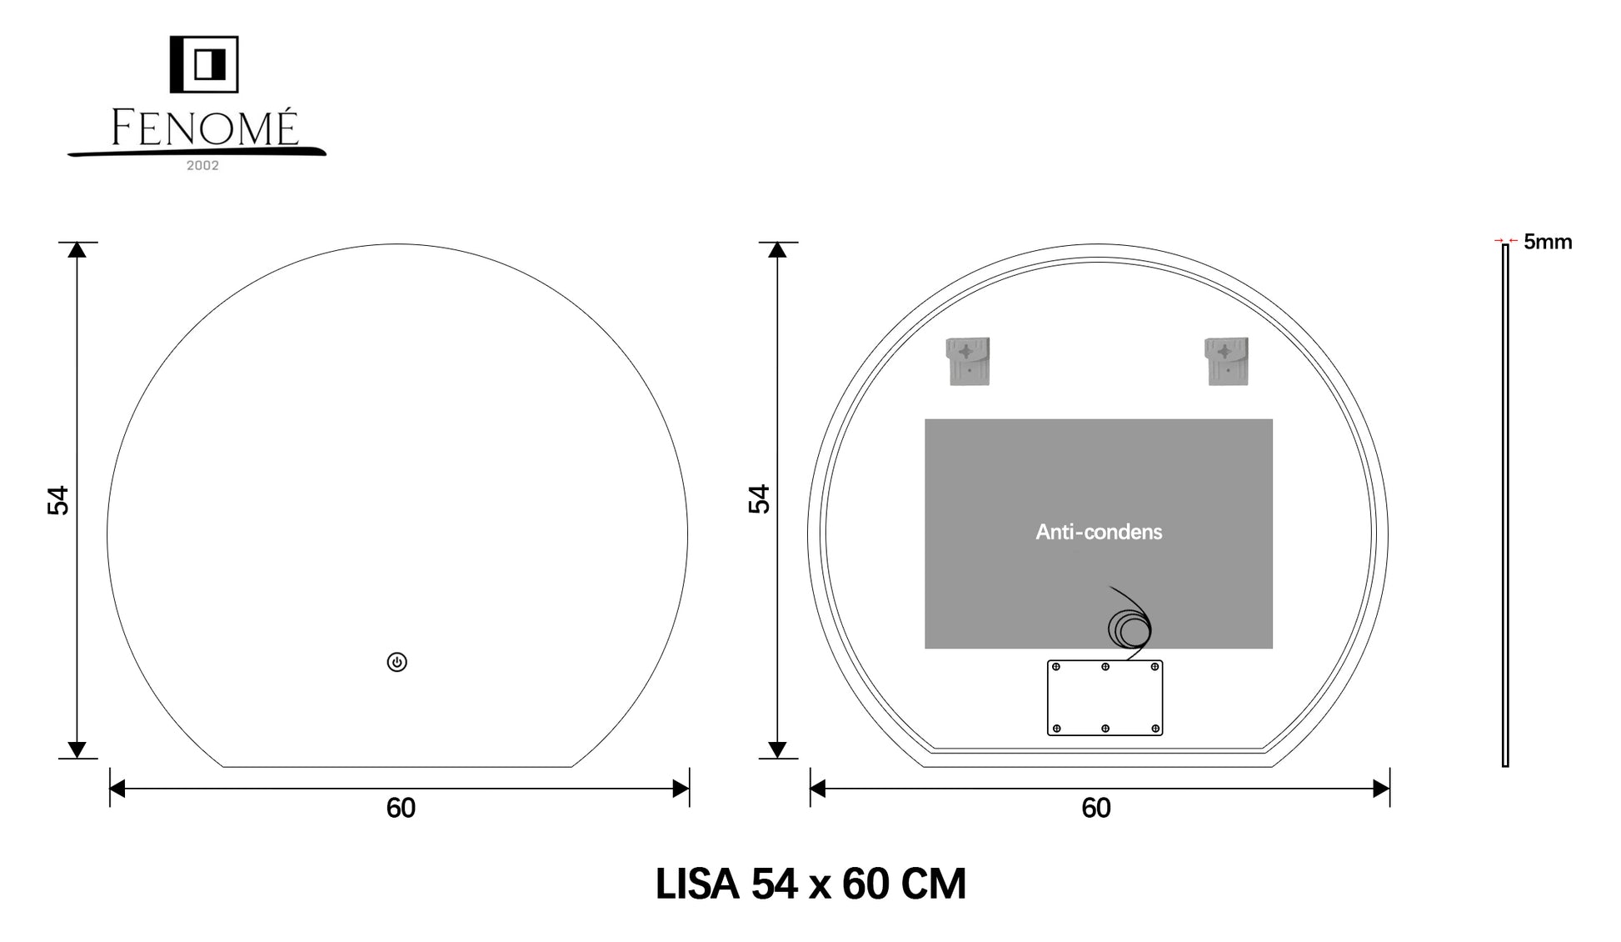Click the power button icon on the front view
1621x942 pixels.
click(x=397, y=662)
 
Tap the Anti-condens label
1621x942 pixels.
click(x=1099, y=532)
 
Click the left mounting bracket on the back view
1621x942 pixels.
click(x=968, y=361)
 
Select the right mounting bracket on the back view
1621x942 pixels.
click(x=1226, y=361)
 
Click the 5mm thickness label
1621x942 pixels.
click(x=1548, y=242)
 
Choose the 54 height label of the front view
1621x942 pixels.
click(x=58, y=500)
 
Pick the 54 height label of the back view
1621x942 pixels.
click(x=759, y=499)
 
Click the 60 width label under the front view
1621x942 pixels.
click(x=401, y=808)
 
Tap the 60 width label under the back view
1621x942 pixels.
click(x=1096, y=808)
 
